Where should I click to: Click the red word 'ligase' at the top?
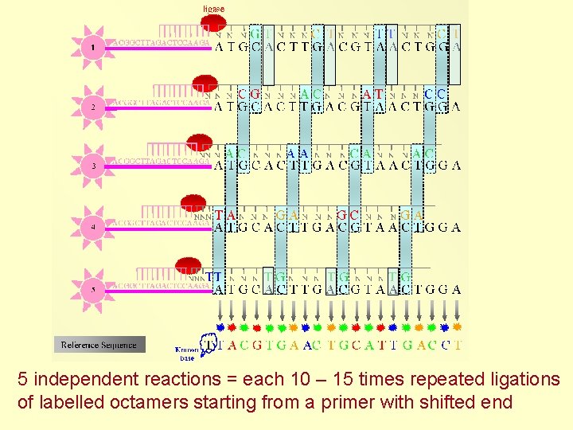pos(213,9)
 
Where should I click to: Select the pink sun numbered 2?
pos(93,106)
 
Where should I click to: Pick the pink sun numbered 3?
pos(93,166)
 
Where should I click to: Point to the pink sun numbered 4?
pos(93,226)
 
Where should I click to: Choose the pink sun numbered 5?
pos(93,289)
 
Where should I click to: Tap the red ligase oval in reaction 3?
pos(199,144)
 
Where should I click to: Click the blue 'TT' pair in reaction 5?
pos(214,276)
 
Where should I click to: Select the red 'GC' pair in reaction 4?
pos(348,214)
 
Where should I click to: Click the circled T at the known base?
pos(210,345)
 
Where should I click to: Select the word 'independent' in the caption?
pos(84,380)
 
